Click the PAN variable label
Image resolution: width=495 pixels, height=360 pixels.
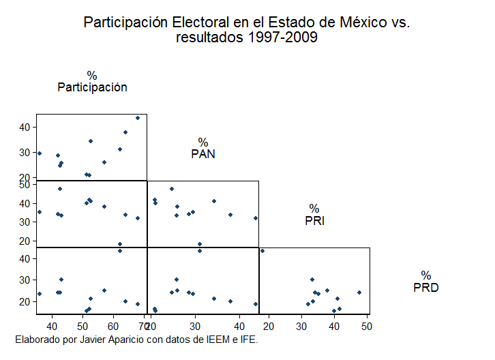[203, 153]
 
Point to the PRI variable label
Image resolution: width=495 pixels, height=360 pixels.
[314, 220]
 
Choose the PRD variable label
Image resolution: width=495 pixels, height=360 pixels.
[426, 287]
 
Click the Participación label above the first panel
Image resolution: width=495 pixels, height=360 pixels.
[92, 87]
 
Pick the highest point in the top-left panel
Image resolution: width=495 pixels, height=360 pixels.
[137, 118]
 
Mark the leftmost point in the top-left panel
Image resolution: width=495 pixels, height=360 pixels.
[40, 153]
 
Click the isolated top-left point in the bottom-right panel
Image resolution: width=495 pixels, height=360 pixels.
[262, 251]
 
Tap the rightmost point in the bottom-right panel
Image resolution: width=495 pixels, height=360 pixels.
[359, 292]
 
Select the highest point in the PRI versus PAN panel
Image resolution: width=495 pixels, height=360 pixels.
[172, 189]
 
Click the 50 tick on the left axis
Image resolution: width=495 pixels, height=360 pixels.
[25, 184]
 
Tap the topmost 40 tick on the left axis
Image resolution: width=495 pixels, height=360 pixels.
[25, 127]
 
